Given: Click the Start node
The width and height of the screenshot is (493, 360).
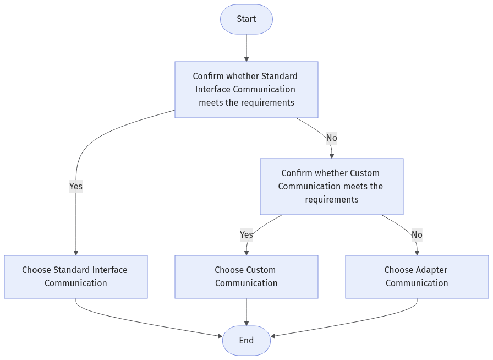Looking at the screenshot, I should [246, 19].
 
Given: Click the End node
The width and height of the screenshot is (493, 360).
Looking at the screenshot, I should [246, 341].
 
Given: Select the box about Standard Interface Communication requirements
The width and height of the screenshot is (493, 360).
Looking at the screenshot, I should [246, 89].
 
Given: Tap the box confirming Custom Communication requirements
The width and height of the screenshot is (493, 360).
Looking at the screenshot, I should [331, 186].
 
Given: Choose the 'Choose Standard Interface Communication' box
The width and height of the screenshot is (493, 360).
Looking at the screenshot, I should [75, 276].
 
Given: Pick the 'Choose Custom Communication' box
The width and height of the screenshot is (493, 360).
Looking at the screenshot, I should [246, 276].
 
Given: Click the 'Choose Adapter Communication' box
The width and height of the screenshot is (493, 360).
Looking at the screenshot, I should [417, 276].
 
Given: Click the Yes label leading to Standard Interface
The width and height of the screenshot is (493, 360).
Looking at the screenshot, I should [75, 187].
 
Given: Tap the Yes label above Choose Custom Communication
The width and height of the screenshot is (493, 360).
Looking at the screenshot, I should [246, 235].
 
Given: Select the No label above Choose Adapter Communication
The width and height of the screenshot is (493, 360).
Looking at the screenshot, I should [417, 235].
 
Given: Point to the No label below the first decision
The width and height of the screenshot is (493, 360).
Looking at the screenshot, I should [331, 138].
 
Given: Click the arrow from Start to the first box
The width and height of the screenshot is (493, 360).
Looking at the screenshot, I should [246, 48].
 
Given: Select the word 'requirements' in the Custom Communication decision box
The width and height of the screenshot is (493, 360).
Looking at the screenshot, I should [331, 199].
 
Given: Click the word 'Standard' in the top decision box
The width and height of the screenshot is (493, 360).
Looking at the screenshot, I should [279, 76].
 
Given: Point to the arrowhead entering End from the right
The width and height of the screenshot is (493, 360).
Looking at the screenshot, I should [273, 336].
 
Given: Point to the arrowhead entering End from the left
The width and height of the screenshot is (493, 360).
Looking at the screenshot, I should [219, 335].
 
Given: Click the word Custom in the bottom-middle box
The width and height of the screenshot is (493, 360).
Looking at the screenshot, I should [260, 270].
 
